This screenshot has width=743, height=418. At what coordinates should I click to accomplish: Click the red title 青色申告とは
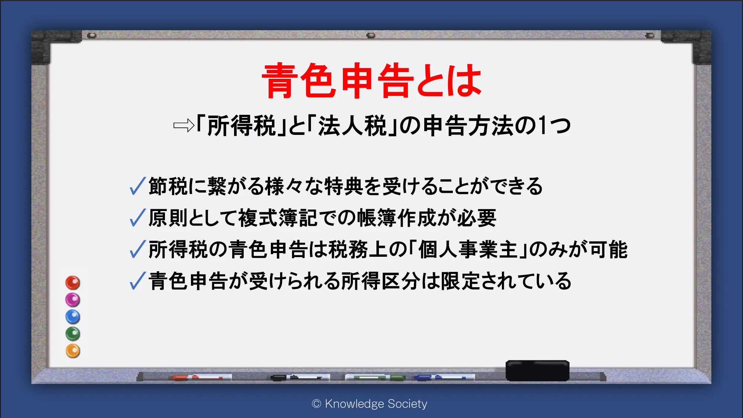point(372,81)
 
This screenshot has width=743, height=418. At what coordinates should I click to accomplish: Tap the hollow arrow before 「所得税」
point(184,126)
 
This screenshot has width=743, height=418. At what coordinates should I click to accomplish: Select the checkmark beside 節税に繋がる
point(137,186)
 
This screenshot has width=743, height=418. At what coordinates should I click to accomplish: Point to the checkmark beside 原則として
point(137,217)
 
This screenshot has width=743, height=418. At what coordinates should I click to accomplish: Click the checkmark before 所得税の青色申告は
point(137,249)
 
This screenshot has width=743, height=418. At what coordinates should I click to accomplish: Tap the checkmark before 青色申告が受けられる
point(137,281)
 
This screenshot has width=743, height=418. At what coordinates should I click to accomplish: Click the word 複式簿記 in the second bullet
point(278,218)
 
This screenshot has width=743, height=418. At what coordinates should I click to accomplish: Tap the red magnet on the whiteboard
point(73,283)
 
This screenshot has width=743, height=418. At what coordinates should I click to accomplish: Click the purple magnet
point(73,300)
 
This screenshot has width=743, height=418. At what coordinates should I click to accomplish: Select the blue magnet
point(73,317)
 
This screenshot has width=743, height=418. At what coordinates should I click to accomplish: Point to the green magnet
point(73,334)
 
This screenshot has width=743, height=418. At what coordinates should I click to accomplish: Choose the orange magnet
point(73,351)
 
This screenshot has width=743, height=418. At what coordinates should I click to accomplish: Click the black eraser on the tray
point(538,370)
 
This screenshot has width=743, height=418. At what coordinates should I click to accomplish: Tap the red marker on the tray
point(201,378)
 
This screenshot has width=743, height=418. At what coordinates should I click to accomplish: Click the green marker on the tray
point(375,378)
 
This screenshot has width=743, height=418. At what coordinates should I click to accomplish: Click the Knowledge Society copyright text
point(370,404)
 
